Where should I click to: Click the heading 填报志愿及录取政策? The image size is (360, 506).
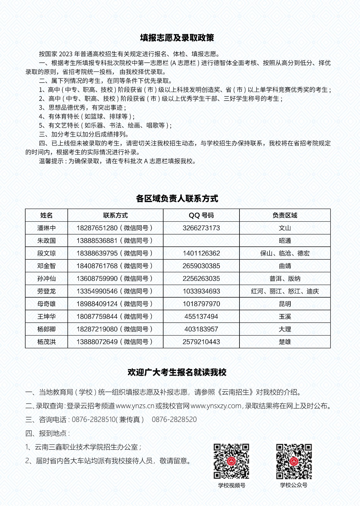177,38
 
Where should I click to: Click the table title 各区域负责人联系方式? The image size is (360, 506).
177,199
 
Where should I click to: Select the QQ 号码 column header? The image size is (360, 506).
201,215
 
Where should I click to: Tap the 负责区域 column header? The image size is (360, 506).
285,215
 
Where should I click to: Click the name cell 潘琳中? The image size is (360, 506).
47,228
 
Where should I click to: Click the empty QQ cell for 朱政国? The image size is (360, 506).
201,241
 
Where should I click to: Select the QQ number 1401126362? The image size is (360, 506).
201,253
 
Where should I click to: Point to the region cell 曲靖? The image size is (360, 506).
285,266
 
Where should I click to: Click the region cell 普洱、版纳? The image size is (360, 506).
285,279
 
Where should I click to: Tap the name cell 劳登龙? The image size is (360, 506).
47,291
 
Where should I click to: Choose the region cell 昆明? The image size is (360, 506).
285,304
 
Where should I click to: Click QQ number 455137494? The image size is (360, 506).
201,317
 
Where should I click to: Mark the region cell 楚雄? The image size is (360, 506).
285,342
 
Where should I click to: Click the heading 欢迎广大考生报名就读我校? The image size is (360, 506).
177,372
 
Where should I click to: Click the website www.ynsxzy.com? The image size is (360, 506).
216,406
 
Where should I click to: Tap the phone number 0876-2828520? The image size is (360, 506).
174,420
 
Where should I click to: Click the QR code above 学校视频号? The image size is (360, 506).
231,461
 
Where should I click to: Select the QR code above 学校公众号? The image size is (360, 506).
294,461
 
